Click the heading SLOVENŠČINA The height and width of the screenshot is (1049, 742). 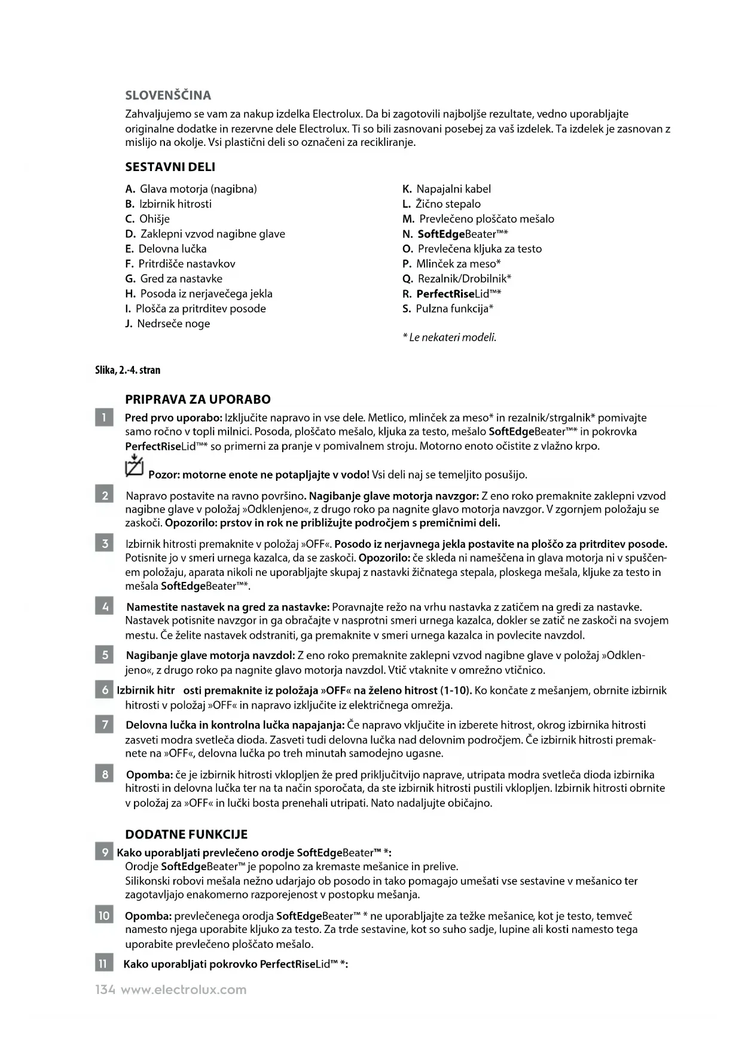coord(168,96)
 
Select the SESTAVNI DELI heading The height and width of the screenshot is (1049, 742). coord(170,167)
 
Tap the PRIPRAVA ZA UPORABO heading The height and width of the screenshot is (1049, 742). coord(198,400)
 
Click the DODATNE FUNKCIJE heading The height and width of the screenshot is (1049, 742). coord(186,834)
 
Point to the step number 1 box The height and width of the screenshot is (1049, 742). coord(104,417)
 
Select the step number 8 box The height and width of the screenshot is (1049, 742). coord(104,774)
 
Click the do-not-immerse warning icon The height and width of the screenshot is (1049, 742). coord(135,466)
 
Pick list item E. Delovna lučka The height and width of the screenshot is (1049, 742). coord(166,249)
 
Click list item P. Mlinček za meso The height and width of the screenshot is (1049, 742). coord(451,264)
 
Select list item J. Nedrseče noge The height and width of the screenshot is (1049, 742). coord(167,324)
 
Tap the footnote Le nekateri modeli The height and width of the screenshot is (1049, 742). coord(450,337)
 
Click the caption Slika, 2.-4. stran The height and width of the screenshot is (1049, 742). coord(128,370)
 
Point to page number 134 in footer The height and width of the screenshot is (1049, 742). coord(105,990)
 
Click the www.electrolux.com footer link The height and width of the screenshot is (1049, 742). coord(184,990)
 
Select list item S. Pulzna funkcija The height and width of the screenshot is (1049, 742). coord(448,309)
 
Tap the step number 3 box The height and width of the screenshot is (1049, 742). coord(104,544)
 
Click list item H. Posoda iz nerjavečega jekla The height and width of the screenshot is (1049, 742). coord(199,294)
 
